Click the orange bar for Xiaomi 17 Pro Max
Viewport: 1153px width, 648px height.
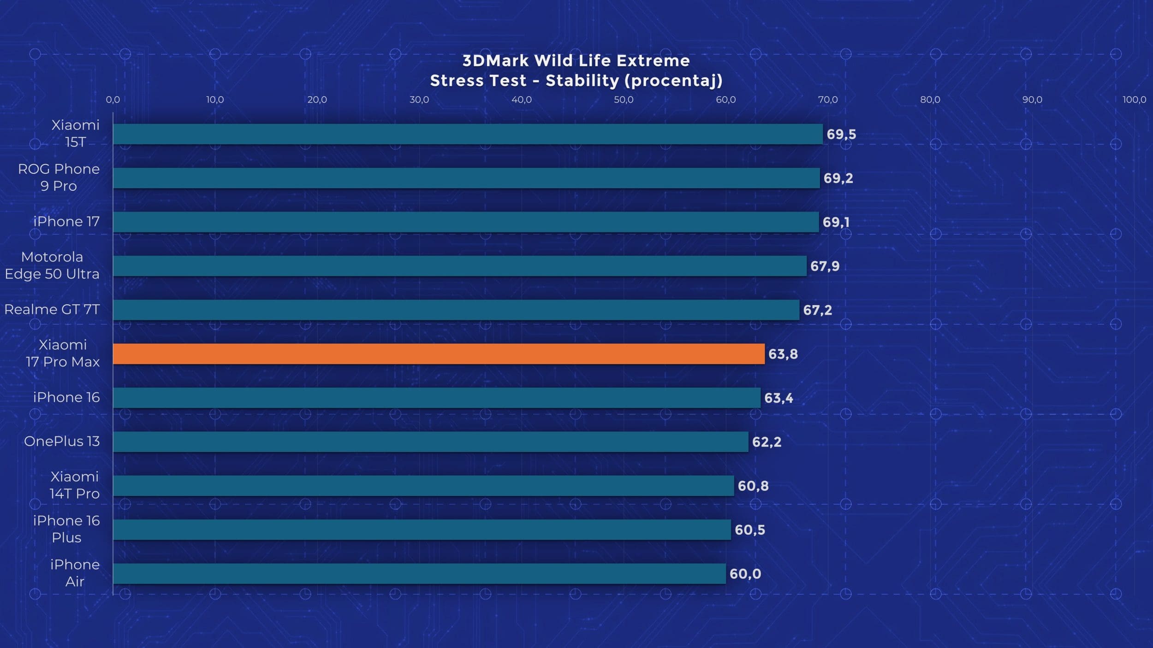(438, 354)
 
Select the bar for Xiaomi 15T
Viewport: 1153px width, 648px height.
(468, 134)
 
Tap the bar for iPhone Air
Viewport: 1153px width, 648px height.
(419, 574)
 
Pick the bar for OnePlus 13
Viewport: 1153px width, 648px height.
(430, 442)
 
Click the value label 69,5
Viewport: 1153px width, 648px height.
(841, 134)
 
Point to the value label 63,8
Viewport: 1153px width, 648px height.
(783, 354)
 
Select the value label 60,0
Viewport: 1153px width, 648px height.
(745, 574)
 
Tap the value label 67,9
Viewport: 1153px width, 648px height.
(825, 266)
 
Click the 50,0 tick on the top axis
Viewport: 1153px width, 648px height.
(624, 100)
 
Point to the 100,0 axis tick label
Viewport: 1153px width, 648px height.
(1134, 100)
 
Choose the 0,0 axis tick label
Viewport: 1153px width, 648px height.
(113, 100)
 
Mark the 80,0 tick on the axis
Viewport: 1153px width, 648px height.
(930, 100)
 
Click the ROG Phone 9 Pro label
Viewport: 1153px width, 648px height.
(59, 177)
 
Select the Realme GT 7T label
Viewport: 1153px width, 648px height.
(52, 309)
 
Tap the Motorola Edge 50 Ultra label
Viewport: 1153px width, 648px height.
(52, 265)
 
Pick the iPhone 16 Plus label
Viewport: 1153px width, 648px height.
(66, 529)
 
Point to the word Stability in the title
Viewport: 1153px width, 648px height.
(582, 81)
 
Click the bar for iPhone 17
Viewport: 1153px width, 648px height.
(466, 222)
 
